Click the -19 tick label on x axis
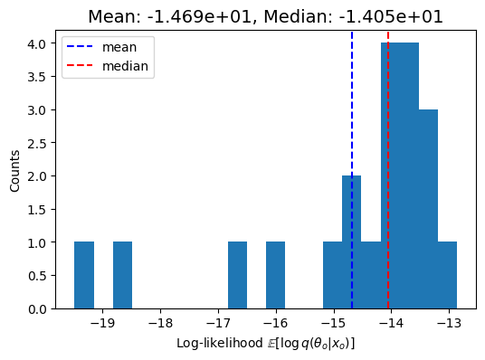tap(102, 323)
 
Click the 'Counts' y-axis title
tap(14, 171)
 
